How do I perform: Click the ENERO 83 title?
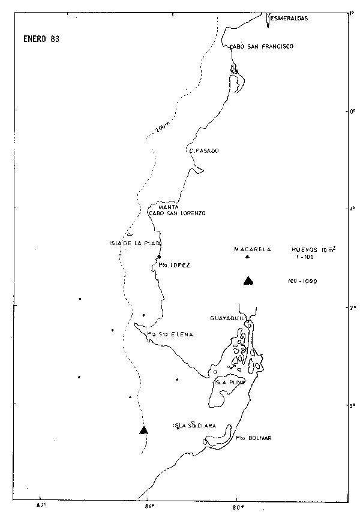pos(37,39)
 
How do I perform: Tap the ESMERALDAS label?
pos(289,19)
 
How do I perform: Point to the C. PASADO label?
pos(203,151)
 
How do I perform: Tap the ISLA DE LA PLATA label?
pos(132,243)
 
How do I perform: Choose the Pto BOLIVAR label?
pos(254,438)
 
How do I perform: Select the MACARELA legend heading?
pos(253,249)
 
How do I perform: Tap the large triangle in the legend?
pos(248,280)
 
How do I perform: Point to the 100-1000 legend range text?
pos(302,281)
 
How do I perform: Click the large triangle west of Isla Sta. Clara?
pos(143,430)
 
